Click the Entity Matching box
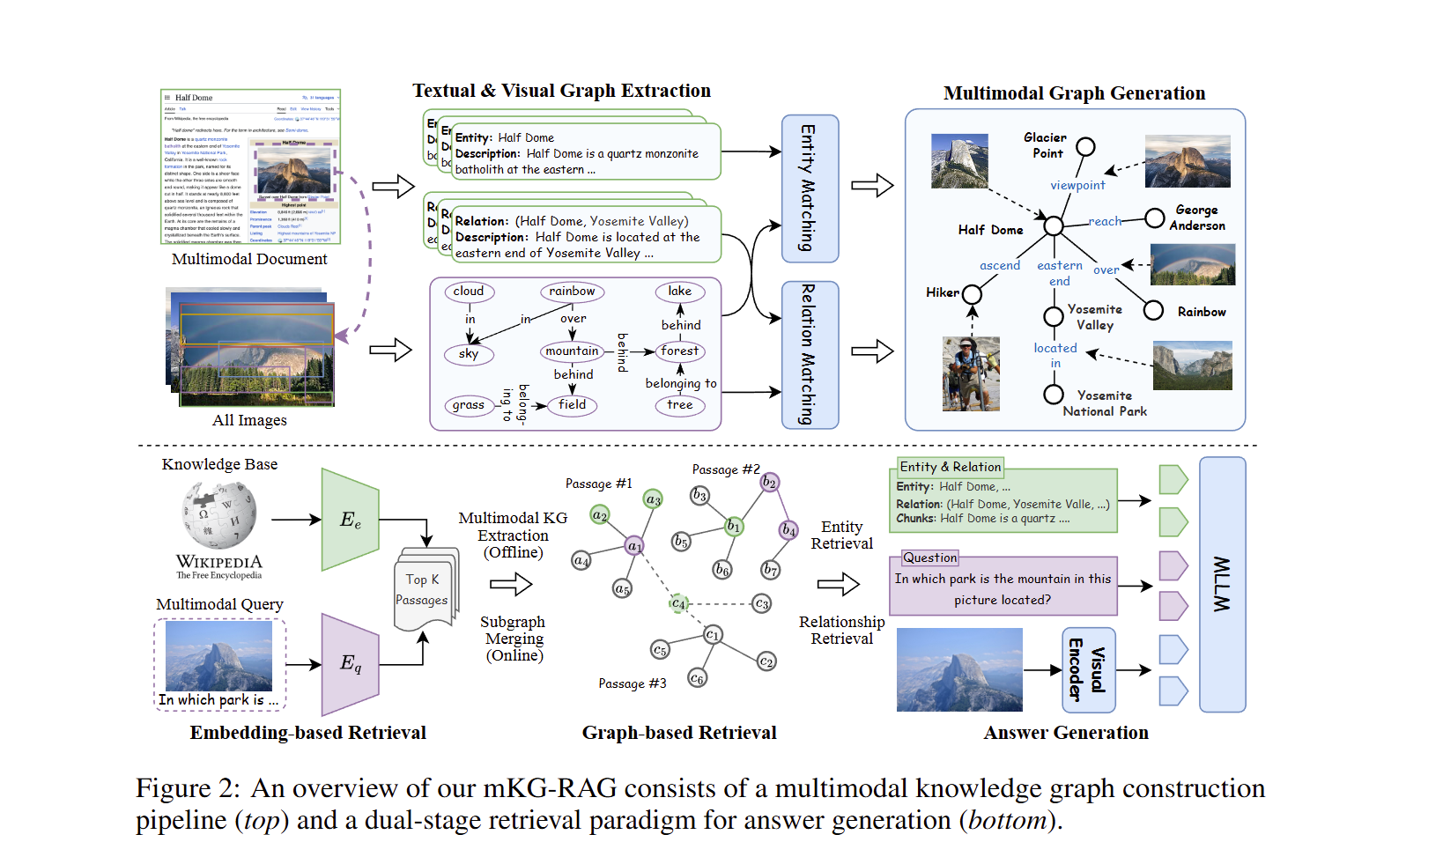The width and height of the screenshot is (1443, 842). pyautogui.click(x=810, y=188)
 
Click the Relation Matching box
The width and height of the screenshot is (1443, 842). pyautogui.click(x=810, y=355)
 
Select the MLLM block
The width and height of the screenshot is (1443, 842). pyautogui.click(x=1222, y=584)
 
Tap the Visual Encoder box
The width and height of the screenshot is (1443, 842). pyautogui.click(x=1089, y=670)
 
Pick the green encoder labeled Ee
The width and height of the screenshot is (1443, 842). pyautogui.click(x=351, y=520)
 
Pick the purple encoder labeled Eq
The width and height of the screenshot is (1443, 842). pyautogui.click(x=351, y=664)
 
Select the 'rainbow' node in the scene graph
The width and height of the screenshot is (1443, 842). pyautogui.click(x=572, y=292)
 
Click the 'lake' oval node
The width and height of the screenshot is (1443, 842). pyautogui.click(x=679, y=292)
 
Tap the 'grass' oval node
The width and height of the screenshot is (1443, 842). pyautogui.click(x=468, y=405)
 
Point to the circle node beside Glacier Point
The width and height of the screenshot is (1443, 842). pyautogui.click(x=1085, y=146)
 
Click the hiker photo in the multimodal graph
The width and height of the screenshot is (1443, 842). pyautogui.click(x=971, y=373)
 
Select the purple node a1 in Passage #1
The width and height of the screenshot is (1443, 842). pyautogui.click(x=634, y=546)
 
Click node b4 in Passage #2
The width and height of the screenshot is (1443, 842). pyautogui.click(x=788, y=529)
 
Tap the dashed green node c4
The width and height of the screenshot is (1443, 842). pyautogui.click(x=678, y=603)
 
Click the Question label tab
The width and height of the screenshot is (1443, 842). pyautogui.click(x=929, y=558)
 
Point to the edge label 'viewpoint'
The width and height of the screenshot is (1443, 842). pyautogui.click(x=1077, y=185)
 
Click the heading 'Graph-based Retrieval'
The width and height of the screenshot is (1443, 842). pyautogui.click(x=679, y=733)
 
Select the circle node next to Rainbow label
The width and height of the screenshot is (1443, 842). pyautogui.click(x=1153, y=310)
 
